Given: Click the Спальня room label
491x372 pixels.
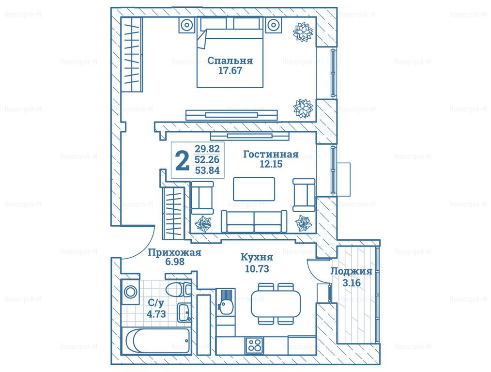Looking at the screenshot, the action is (230, 60).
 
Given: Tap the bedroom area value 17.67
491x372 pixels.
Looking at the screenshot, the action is (230, 70).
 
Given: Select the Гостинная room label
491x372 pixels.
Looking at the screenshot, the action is (271, 154).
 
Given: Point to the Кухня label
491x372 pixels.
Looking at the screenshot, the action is (257, 258).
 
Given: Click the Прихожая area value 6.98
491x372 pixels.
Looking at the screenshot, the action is (175, 262).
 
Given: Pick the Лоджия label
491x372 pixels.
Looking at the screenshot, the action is (352, 271).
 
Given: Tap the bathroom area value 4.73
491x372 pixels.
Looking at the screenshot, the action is (156, 314).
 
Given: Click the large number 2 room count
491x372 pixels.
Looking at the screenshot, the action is (182, 160).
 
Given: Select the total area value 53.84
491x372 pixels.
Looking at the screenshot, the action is (207, 170).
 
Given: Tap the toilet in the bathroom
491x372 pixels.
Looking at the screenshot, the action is (179, 289).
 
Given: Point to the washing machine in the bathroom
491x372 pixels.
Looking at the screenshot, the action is (130, 292).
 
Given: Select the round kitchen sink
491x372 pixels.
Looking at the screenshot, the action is (224, 306).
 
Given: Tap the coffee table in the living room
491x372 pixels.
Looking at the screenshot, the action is (254, 189).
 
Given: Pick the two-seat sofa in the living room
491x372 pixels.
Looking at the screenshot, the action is (254, 221).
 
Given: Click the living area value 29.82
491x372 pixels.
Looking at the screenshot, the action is (207, 149).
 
